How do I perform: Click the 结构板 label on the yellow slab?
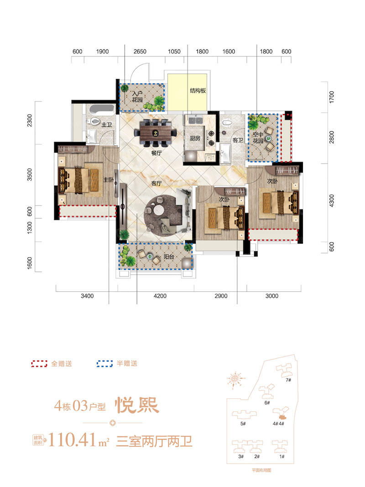[198, 90]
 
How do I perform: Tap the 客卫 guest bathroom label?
[238, 140]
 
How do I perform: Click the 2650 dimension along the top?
[140, 52]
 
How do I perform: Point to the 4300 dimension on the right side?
[332, 201]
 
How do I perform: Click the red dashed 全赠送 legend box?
[39, 364]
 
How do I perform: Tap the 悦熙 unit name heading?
[136, 406]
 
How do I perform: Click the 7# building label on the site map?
[288, 380]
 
